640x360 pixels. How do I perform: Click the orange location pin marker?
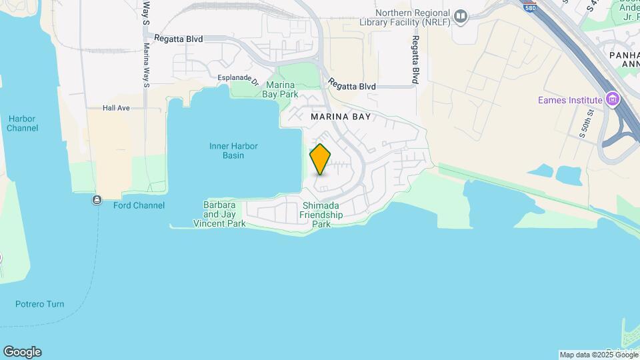point(320,159)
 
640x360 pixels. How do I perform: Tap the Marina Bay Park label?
point(281,89)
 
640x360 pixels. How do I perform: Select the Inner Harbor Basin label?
point(233,151)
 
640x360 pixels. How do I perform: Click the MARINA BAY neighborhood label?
point(340,117)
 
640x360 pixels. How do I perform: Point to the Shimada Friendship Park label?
point(321,215)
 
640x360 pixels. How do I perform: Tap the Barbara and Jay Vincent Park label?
point(219,214)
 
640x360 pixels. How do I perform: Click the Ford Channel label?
point(139,205)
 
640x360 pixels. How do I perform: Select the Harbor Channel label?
point(22,123)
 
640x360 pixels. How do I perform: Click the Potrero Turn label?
point(40,304)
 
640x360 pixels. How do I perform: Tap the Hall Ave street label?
point(116,108)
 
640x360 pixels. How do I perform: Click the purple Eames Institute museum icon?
point(612,100)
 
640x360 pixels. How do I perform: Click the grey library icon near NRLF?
point(460,16)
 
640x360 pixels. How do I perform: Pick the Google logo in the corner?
point(22,352)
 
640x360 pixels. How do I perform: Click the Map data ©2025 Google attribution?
point(599,355)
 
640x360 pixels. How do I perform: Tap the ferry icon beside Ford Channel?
point(97,200)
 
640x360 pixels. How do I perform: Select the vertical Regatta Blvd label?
point(415,60)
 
